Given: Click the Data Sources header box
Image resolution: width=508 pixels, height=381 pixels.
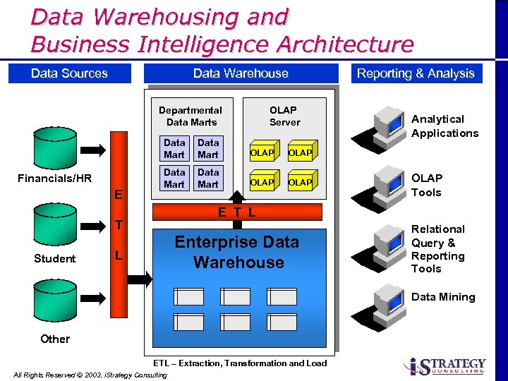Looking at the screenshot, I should [x=69, y=73].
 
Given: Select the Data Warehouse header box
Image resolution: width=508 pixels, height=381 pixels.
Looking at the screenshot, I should [x=241, y=73].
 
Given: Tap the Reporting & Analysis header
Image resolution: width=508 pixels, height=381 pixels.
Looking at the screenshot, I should [x=416, y=73].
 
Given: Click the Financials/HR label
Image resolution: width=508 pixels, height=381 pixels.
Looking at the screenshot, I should [x=55, y=178].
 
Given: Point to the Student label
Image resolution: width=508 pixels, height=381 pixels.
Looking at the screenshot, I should [x=54, y=258].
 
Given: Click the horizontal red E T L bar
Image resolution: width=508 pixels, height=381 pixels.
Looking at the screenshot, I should [x=237, y=212].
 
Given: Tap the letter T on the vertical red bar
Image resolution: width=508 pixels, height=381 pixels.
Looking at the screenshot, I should [x=119, y=224].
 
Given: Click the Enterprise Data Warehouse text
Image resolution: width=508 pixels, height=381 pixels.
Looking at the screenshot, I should [x=237, y=252].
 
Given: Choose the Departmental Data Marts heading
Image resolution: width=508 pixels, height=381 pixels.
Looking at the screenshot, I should [x=190, y=116].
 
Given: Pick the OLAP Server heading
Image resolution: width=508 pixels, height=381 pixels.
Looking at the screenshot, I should [x=284, y=116].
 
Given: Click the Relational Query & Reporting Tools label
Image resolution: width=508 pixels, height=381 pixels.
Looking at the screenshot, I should [x=438, y=248].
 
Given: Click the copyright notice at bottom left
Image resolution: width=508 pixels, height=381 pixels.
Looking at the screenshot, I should [x=90, y=375].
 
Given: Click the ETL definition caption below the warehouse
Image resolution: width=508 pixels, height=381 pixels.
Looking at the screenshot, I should [x=240, y=363].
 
